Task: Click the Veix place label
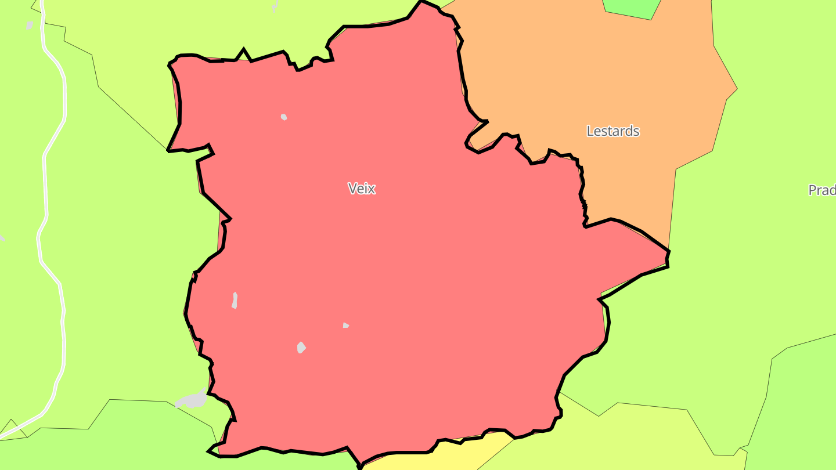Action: coord(362,189)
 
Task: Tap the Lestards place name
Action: coord(612,131)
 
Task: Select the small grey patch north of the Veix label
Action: coord(284,117)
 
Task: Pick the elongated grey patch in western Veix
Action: coord(235,301)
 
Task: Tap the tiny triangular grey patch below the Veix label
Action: coord(345,325)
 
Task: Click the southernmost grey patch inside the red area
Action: coord(301,348)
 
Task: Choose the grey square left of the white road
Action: coord(30,26)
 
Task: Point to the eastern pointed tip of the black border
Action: coord(669,252)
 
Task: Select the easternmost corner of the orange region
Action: coord(737,89)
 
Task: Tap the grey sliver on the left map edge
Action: coord(2,237)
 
